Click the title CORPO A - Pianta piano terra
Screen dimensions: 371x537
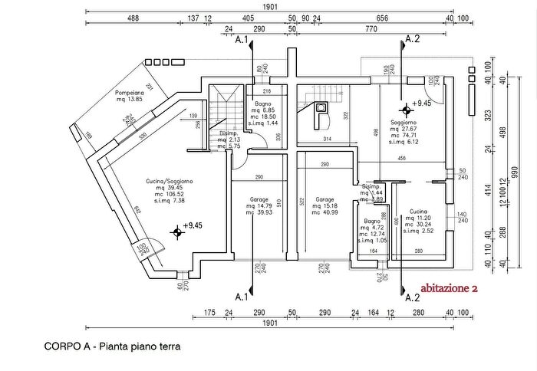112,346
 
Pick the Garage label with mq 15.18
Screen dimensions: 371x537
325,200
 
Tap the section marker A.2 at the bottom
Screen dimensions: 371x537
412,297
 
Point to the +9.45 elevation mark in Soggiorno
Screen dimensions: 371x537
421,102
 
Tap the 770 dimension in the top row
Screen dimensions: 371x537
371,28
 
